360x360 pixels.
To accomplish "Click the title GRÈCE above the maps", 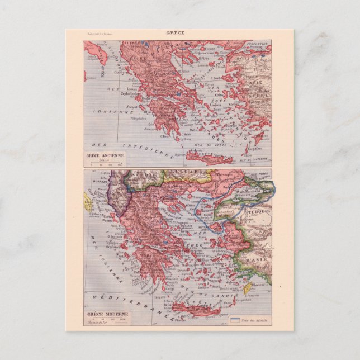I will tap(179, 32).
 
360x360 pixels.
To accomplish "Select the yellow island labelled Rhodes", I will tap(248, 287).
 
